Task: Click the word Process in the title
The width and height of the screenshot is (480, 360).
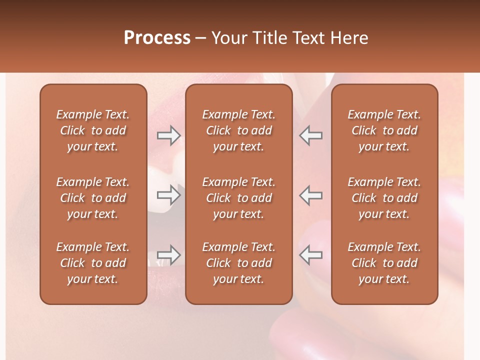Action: (x=157, y=38)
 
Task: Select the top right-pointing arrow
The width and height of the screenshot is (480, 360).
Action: (x=169, y=135)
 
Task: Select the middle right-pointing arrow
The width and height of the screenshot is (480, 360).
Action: (x=169, y=194)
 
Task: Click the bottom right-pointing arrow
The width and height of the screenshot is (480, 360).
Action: (x=169, y=255)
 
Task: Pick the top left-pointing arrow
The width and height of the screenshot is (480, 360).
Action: (x=310, y=135)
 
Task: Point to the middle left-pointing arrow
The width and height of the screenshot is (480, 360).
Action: (x=310, y=194)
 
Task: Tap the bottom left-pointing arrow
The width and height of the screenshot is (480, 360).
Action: (x=310, y=255)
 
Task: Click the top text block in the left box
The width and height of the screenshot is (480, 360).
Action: (x=93, y=130)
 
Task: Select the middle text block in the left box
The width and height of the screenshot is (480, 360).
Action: (x=93, y=198)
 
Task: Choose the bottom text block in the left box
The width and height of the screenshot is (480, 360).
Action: (x=93, y=263)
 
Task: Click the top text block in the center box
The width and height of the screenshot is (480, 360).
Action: (x=238, y=130)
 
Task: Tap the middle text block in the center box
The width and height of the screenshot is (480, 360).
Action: (x=238, y=198)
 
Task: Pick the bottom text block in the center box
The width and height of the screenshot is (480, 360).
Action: (x=238, y=263)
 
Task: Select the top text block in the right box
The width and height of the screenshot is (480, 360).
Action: (x=384, y=130)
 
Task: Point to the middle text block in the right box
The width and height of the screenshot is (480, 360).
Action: (x=384, y=198)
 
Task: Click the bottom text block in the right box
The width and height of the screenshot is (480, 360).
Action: (x=384, y=263)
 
